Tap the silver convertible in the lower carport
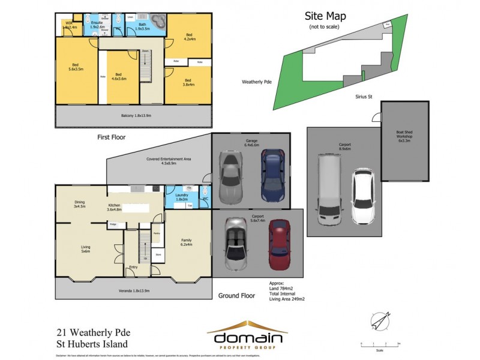[x=235, y=243]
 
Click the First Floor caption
[x=113, y=137]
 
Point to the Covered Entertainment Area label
[x=169, y=160]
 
